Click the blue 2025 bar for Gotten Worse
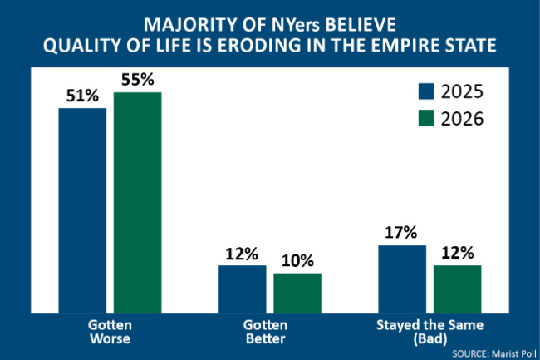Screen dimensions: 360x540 click(82, 208)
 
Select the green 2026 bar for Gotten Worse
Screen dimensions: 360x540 click(137, 200)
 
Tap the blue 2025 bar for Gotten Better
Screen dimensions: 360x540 click(242, 286)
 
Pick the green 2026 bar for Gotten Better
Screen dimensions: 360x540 click(297, 290)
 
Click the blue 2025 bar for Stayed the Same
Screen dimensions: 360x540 click(402, 276)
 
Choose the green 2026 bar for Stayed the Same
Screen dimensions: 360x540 click(457, 286)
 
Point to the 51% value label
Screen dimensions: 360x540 click(81, 96)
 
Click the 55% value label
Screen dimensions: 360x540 click(137, 80)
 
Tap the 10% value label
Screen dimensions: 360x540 click(297, 260)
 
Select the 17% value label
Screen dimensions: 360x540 click(402, 233)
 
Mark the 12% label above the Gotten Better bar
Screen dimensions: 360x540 click(242, 253)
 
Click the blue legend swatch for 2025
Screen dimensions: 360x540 click(425, 91)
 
